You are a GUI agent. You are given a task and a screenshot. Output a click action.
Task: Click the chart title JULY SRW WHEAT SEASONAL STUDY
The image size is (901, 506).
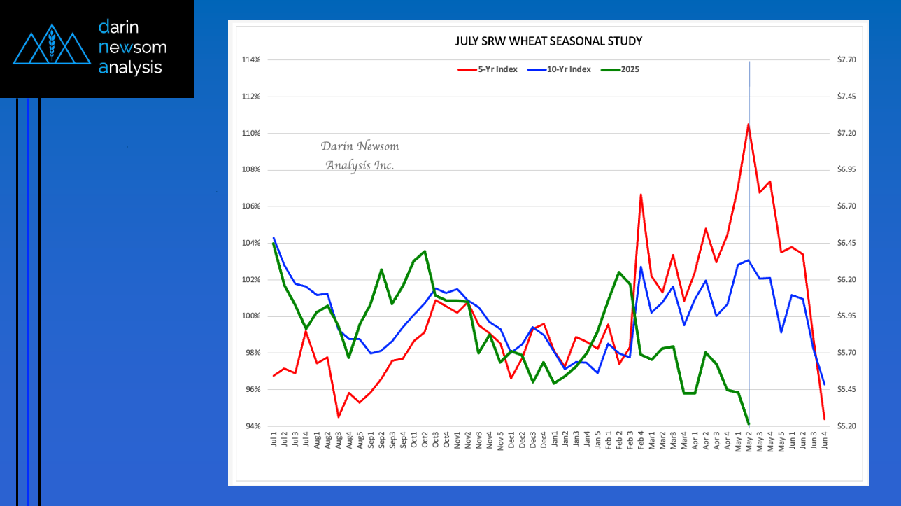548,41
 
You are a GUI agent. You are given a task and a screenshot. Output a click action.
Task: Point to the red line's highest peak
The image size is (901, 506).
749,124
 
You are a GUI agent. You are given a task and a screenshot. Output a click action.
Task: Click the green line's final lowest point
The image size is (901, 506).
749,424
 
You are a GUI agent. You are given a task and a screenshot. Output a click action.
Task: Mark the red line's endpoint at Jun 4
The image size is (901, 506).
825,419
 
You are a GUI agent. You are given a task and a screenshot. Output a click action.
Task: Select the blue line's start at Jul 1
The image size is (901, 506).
274,238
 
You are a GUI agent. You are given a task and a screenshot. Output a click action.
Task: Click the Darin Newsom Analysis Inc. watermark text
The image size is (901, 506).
360,156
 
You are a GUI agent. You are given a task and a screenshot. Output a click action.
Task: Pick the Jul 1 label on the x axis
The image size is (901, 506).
273,439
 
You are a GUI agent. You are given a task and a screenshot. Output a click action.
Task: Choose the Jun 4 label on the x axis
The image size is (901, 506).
825,439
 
